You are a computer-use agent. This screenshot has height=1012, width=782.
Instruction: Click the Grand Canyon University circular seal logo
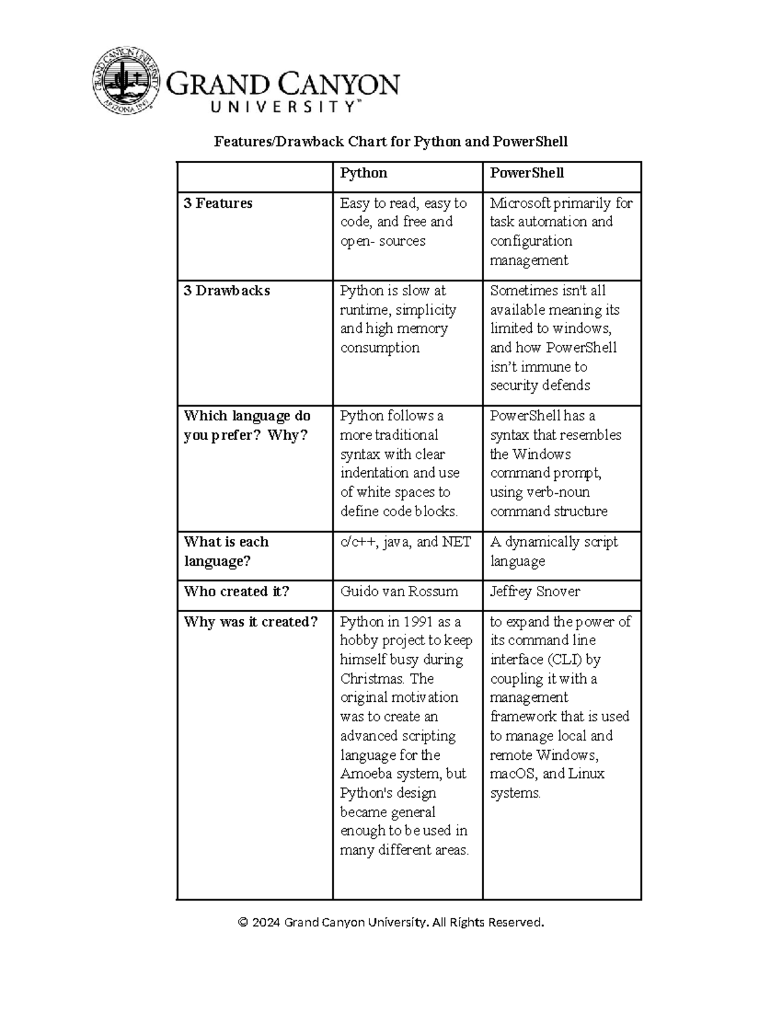(126, 81)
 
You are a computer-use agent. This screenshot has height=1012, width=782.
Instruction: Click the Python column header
(364, 173)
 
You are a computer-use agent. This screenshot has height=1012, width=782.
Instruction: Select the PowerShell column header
(527, 173)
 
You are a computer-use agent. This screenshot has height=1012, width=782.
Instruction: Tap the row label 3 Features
(218, 203)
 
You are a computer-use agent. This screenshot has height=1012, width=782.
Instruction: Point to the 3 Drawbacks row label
(226, 291)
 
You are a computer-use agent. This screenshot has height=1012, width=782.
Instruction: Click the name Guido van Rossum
(399, 592)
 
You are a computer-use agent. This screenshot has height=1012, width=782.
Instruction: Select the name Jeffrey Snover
(534, 592)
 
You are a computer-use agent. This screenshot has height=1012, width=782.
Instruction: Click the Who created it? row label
(236, 592)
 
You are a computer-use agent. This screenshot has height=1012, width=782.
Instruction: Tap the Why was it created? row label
(250, 622)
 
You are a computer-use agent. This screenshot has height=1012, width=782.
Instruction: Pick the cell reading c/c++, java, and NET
(405, 542)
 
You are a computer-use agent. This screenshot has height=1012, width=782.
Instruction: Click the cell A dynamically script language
(553, 551)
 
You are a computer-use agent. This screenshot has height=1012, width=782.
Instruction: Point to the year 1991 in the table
(418, 622)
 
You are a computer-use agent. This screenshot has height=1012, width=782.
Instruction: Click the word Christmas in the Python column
(369, 678)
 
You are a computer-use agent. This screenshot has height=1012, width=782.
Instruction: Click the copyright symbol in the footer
(243, 922)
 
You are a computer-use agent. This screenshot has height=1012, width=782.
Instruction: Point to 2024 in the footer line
(267, 922)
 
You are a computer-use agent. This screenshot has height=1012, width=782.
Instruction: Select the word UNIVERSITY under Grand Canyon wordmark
(283, 108)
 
